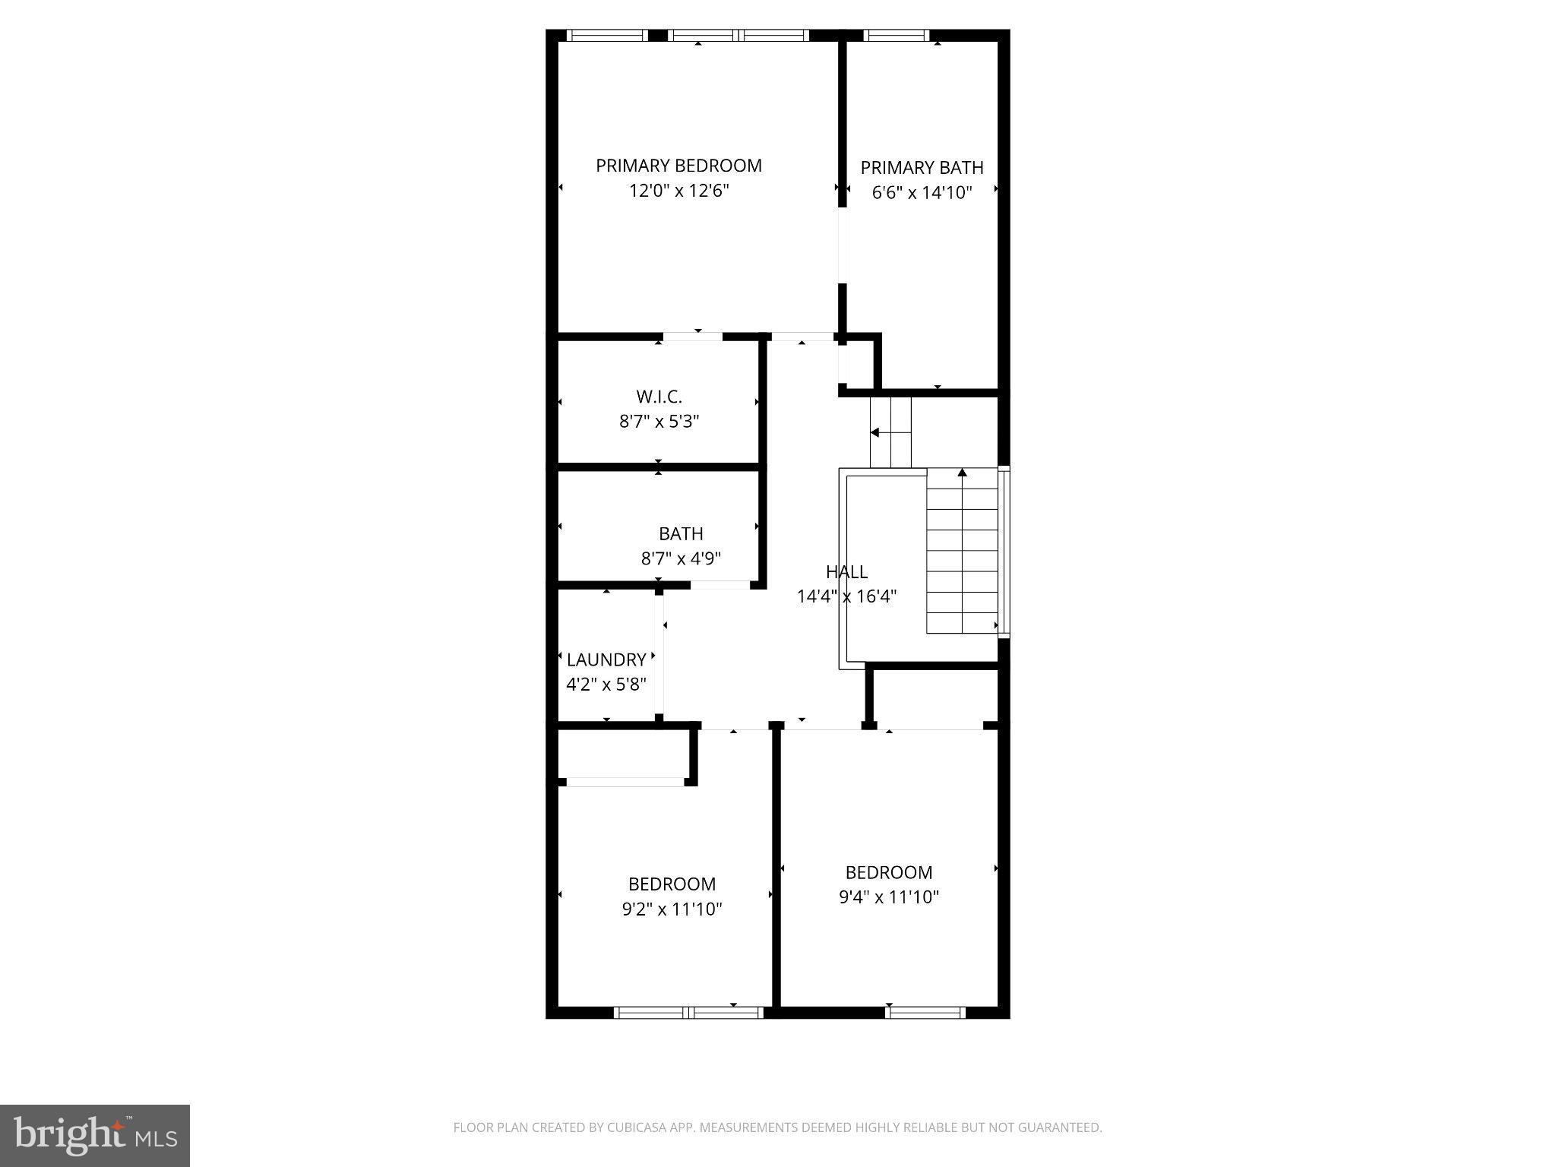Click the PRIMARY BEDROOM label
678,166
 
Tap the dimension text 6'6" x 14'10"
922,192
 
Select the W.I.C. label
659,397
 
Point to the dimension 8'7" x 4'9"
681,559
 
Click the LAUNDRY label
606,659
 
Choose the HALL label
846,572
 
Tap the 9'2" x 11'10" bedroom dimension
672,909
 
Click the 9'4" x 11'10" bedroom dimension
888,897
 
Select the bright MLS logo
95,1135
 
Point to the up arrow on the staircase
962,473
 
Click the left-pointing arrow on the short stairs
874,432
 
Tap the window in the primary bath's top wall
897,35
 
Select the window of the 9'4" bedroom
925,1012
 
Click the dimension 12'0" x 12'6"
678,191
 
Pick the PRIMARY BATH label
922,167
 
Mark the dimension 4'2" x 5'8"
606,685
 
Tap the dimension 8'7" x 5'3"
659,422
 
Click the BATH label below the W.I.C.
681,534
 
